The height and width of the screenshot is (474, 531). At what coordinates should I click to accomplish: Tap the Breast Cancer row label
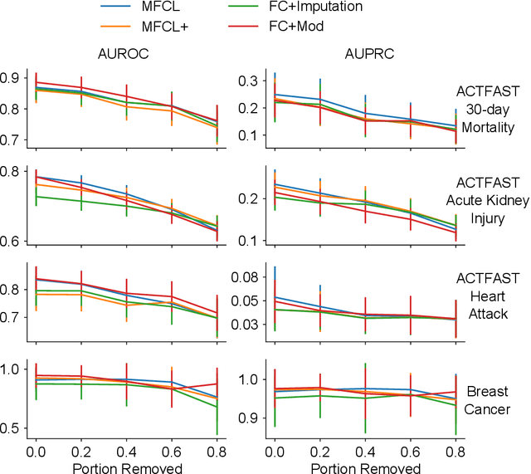pyautogui.click(x=492, y=400)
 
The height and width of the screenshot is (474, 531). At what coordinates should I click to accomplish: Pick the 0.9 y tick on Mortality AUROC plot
pyautogui.click(x=14, y=77)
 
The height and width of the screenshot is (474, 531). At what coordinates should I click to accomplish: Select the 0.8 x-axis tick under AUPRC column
pyautogui.click(x=455, y=449)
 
